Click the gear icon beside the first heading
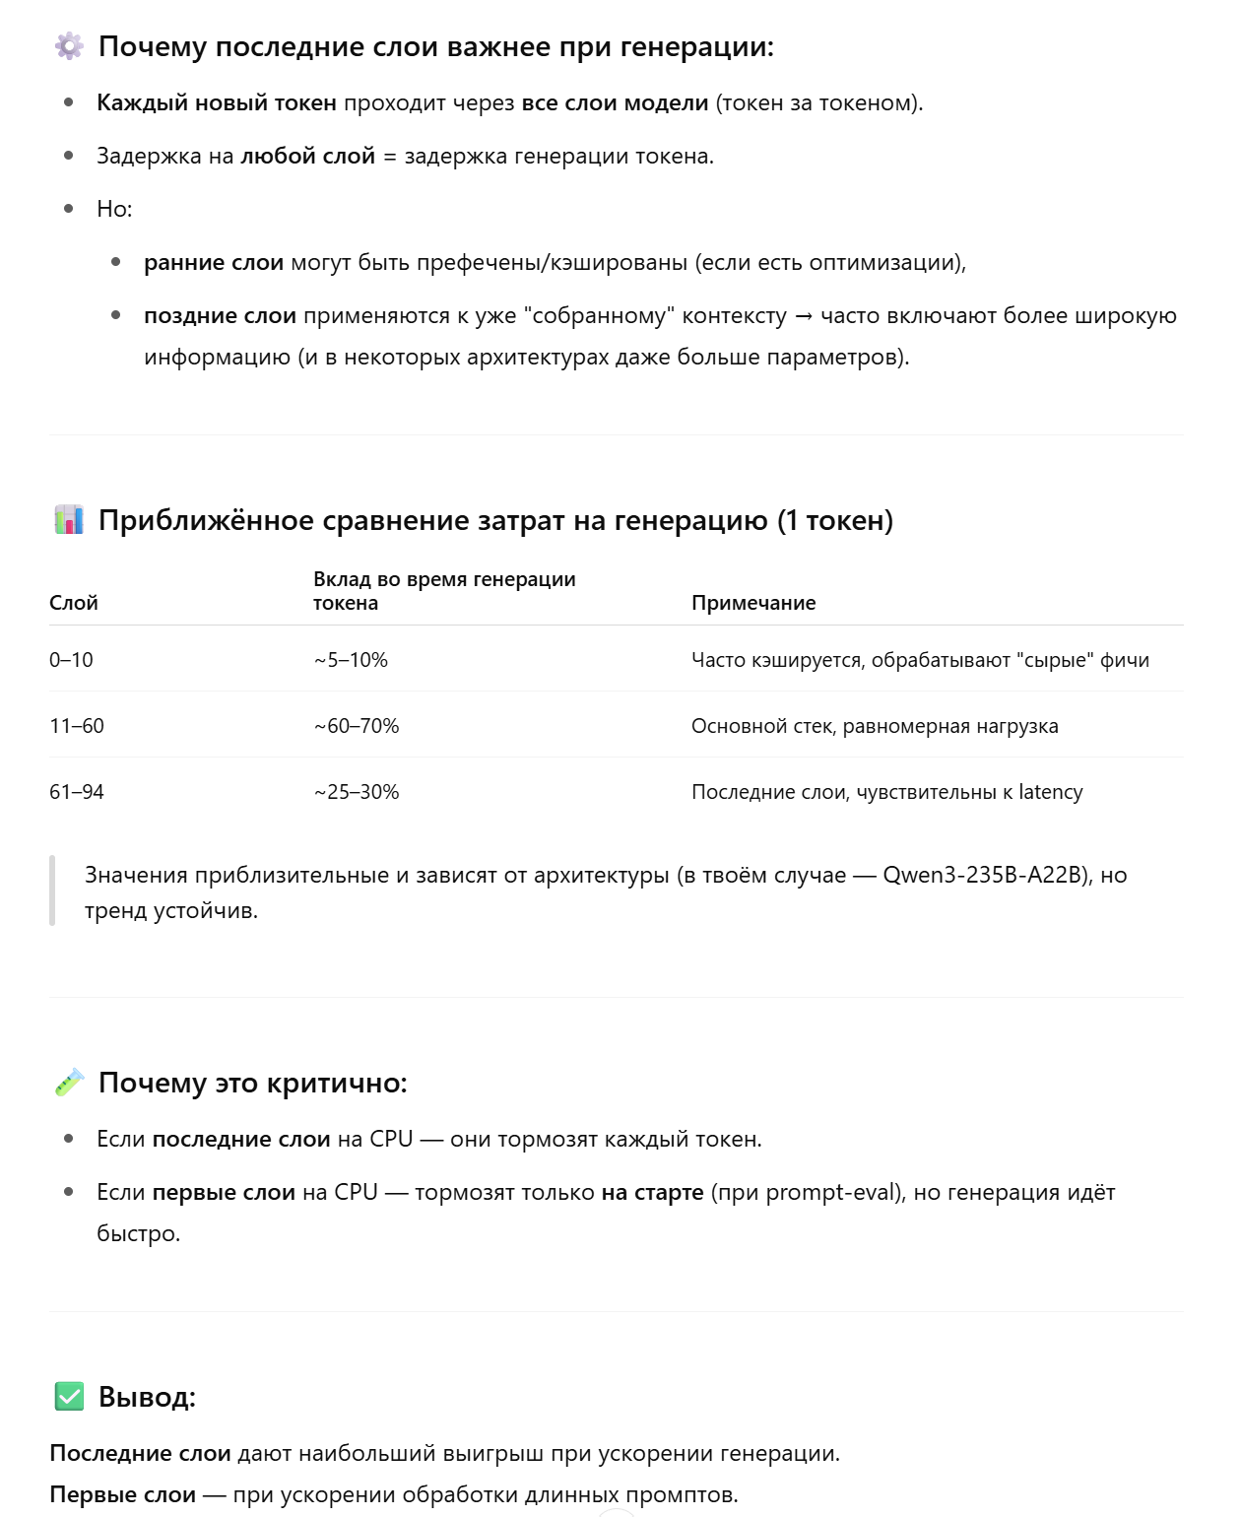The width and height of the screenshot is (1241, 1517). click(x=69, y=46)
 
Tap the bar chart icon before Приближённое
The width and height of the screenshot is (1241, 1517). click(x=69, y=519)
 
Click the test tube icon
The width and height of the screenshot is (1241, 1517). click(x=69, y=1083)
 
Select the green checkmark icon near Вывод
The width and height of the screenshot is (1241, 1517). click(x=69, y=1396)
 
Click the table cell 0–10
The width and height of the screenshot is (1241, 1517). click(x=71, y=660)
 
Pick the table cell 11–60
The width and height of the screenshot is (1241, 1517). click(x=77, y=726)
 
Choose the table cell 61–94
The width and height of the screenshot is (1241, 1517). click(x=77, y=792)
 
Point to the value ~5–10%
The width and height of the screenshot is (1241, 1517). click(x=351, y=660)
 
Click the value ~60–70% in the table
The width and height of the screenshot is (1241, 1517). click(x=357, y=726)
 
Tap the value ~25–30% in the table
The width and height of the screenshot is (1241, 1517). click(x=357, y=792)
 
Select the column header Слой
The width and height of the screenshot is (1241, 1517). click(x=74, y=603)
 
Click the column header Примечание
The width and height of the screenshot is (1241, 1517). click(x=753, y=603)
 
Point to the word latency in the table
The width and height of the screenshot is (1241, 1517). click(x=1050, y=792)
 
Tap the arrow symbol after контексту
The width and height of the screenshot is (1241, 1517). click(x=804, y=316)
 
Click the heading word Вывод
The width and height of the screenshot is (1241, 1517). click(x=147, y=1397)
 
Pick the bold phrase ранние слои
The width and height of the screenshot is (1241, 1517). click(x=214, y=263)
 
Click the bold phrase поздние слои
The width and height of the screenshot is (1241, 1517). click(x=220, y=316)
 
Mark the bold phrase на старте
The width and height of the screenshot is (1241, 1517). click(x=652, y=1192)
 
